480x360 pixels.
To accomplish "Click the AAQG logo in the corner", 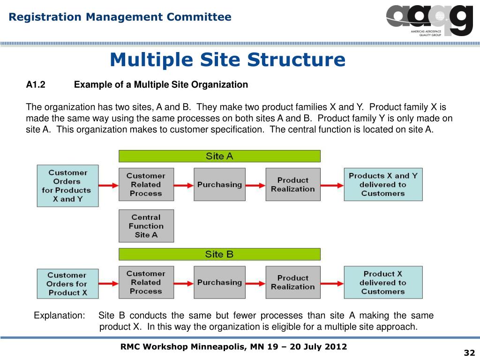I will coord(429,20).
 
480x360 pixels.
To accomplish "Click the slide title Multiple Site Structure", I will coord(227,60).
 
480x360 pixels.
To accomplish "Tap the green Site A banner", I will coord(219,156).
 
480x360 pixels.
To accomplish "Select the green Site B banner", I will coord(219,254).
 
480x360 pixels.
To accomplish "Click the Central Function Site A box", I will coord(146,225).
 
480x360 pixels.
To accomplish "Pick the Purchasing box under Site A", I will coord(219,184).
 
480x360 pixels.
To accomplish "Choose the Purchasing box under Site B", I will coord(219,282).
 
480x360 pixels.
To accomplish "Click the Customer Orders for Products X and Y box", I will coord(67,186).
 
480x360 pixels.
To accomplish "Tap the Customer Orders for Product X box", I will coord(67,284).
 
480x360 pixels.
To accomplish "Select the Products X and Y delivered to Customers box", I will coord(383,184).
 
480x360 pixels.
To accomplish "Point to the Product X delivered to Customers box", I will coord(383,282).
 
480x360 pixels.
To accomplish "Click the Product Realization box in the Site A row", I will coord(293,184).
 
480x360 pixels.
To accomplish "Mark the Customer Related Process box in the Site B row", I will coord(146,282).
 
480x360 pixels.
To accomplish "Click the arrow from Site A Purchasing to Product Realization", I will coord(255,185).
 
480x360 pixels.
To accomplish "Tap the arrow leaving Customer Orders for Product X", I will coord(108,283).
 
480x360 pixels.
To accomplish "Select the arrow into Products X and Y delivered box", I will coord(332,185).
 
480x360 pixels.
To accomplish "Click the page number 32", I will coord(469,352).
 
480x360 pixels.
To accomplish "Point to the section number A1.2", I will coord(35,85).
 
